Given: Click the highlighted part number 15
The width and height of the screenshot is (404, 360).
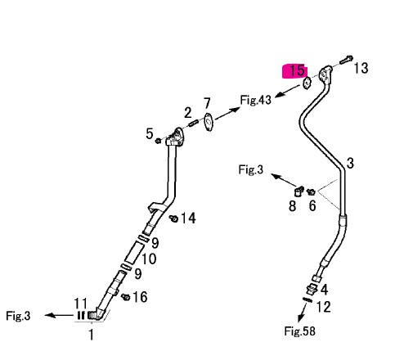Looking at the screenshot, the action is tap(297, 70).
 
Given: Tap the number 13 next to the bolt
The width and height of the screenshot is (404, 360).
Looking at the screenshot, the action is tap(361, 68).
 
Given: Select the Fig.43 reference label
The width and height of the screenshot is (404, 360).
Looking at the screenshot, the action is tap(256, 100).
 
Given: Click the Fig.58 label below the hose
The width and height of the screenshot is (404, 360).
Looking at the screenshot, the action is tap(299, 331).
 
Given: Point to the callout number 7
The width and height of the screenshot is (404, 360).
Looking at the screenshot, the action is tap(207, 104).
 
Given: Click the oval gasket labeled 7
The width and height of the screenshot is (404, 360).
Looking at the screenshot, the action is tap(209, 122).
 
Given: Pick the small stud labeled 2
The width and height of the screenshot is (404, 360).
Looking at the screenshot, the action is tap(194, 124).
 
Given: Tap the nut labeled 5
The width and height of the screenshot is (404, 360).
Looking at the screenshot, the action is tap(158, 141).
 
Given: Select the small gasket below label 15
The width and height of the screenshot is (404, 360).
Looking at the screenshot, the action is tap(307, 83).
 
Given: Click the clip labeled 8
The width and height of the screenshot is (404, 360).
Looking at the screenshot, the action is tap(299, 191).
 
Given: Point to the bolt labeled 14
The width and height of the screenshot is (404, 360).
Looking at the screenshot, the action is tap(173, 218).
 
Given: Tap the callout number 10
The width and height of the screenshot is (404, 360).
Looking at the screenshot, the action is tap(149, 259).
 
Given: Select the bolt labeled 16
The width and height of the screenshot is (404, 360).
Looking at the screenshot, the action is tap(126, 297).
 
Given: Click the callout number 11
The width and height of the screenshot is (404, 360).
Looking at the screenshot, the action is tap(81, 303).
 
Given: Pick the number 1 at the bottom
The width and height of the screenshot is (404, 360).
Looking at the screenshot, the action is tap(92, 335).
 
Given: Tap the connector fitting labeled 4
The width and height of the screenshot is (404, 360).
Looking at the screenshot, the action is tap(312, 290).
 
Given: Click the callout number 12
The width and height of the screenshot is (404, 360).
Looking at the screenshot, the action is tap(324, 307).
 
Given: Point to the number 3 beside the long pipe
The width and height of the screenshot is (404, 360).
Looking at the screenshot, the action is tap(350, 163).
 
